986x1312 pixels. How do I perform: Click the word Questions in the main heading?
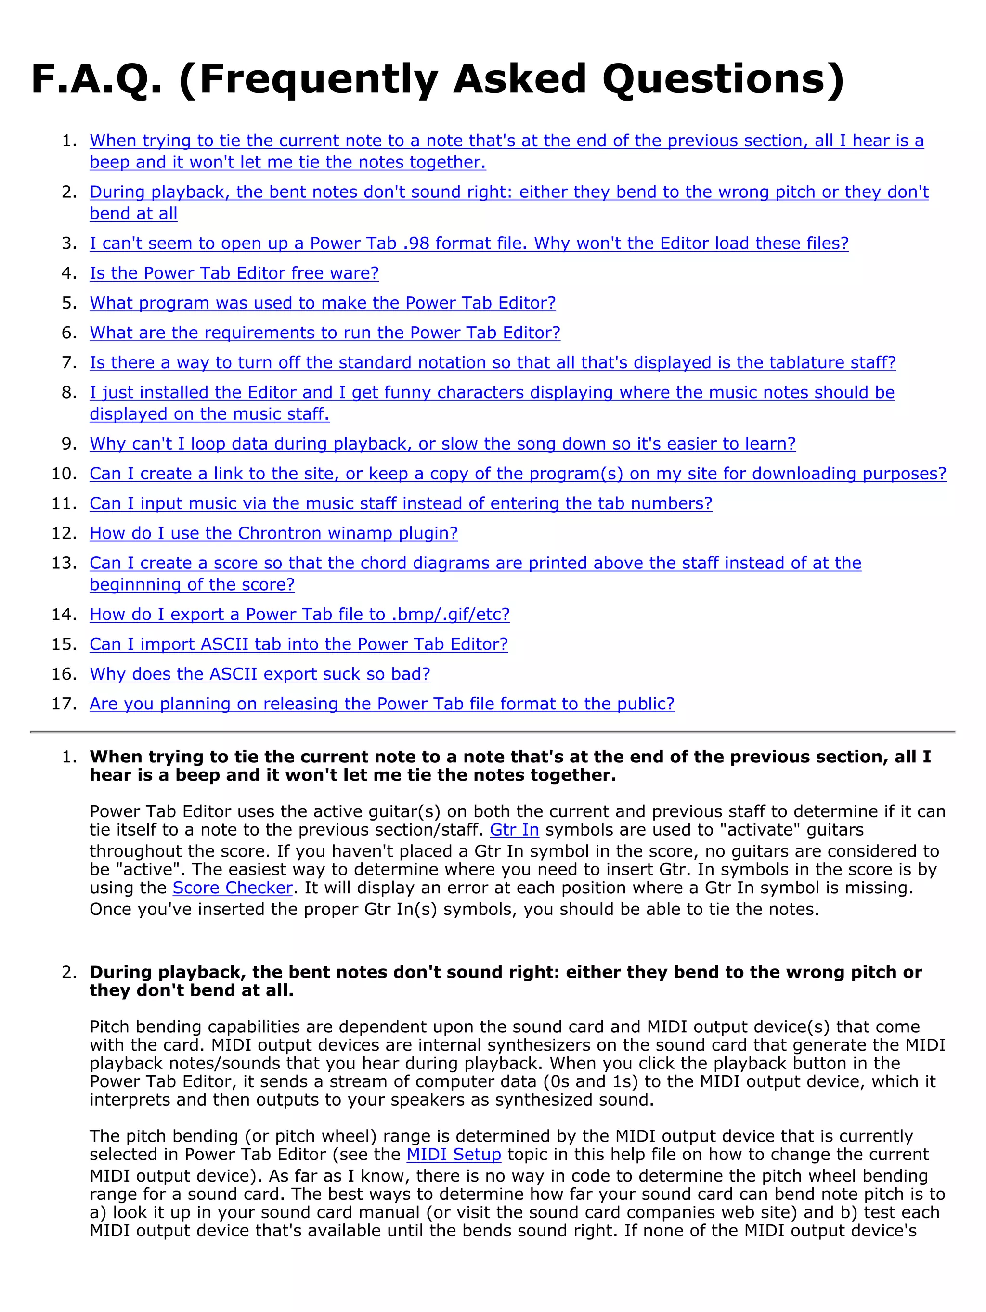tap(722, 80)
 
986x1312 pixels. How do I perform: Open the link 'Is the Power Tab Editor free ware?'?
tap(234, 273)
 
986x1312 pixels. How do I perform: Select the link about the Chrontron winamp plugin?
tap(273, 533)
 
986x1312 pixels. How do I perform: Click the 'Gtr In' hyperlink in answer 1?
tap(514, 830)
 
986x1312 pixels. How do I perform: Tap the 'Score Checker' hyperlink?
tap(233, 888)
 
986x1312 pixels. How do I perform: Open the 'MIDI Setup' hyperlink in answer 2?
tap(454, 1154)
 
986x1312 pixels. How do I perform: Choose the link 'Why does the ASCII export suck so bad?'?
tap(260, 674)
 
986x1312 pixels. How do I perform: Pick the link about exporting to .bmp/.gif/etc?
tap(299, 614)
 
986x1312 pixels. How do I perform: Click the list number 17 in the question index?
tap(64, 704)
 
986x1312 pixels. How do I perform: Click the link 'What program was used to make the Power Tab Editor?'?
tap(323, 303)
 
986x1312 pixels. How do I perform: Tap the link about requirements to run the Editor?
tap(324, 332)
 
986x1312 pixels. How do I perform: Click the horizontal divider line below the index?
tap(493, 732)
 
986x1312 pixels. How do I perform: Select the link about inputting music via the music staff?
tap(401, 503)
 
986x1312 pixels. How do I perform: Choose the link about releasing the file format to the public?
tap(381, 704)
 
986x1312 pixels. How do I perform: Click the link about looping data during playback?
tap(442, 444)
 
